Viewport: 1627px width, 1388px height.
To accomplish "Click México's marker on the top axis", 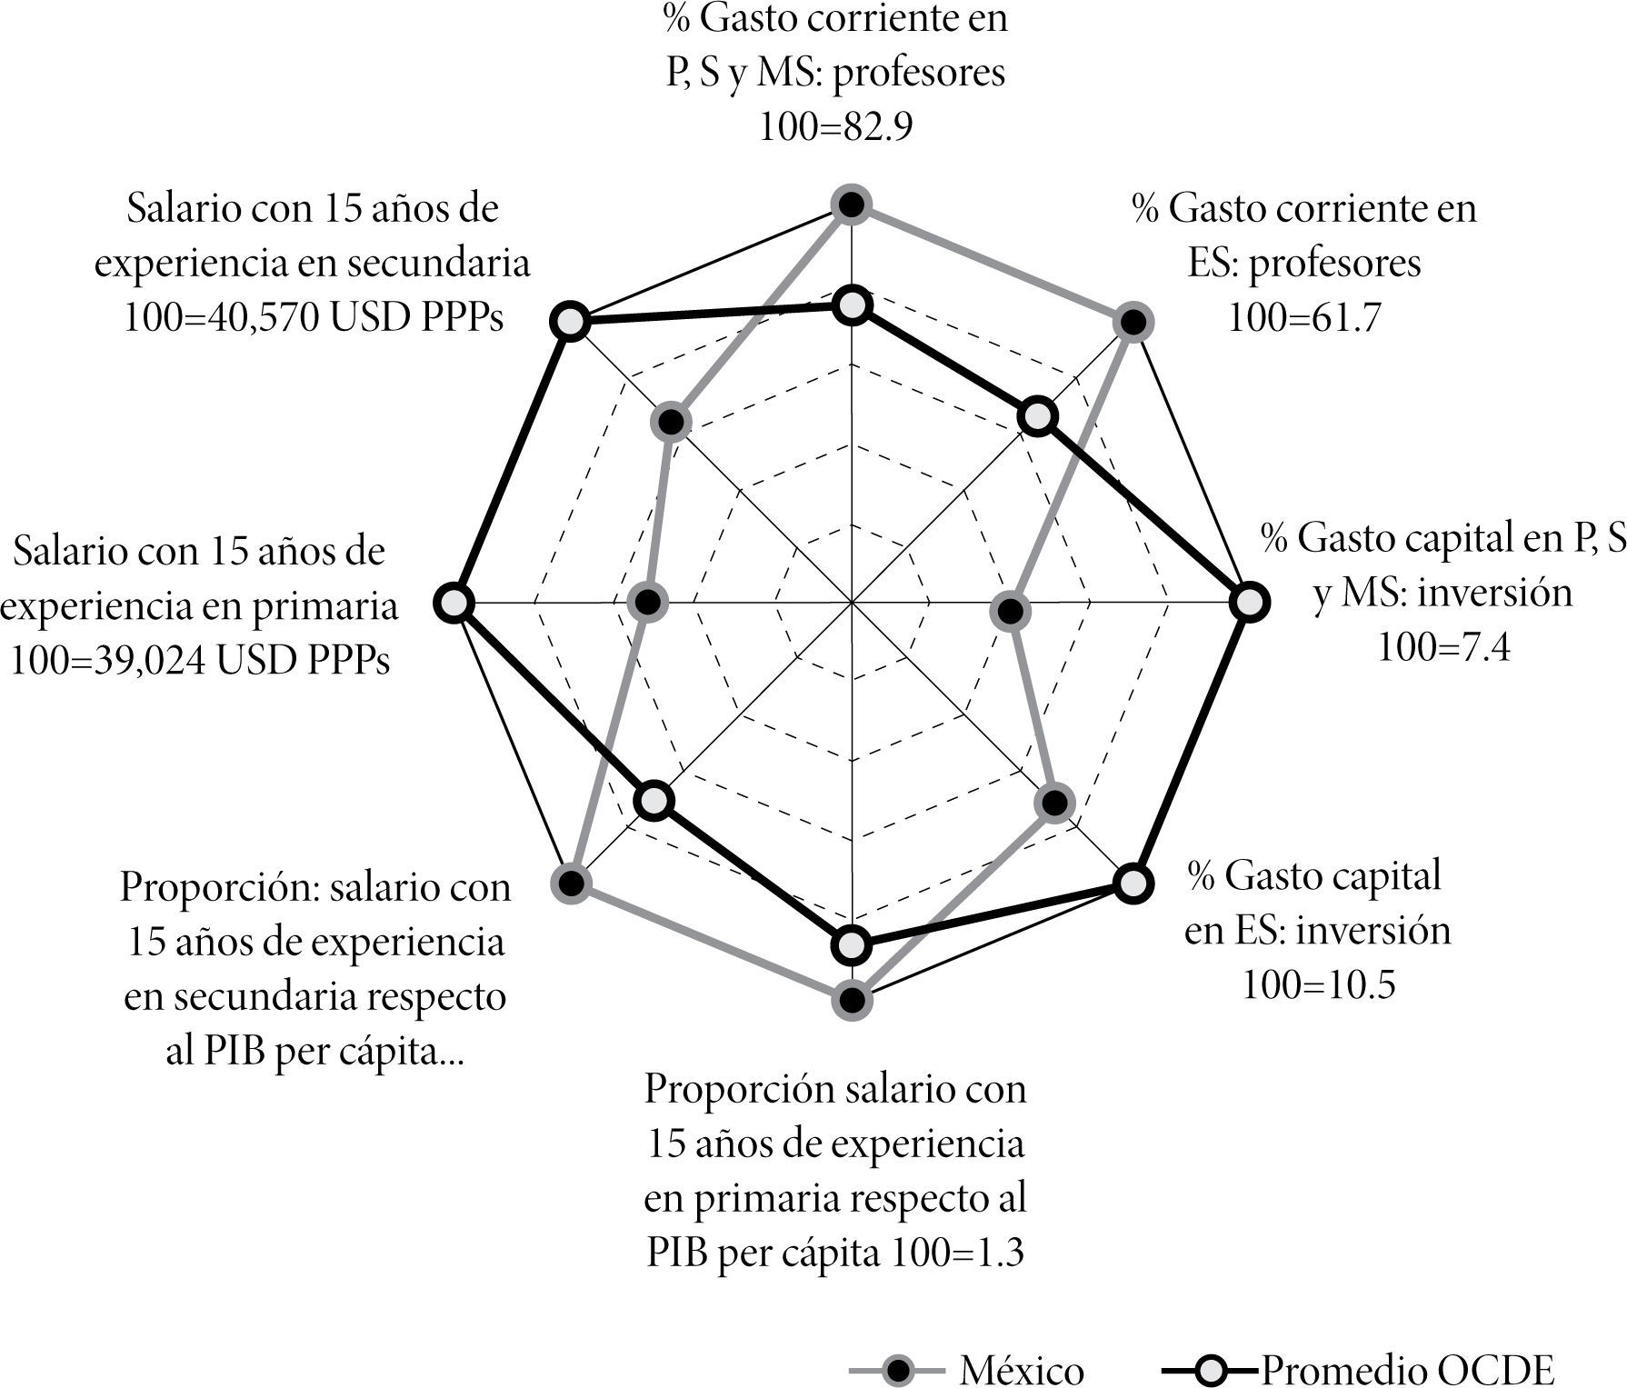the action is click(852, 206).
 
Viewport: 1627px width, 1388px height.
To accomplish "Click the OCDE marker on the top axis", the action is click(852, 307).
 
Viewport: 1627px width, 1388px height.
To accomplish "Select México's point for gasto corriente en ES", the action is click(1133, 322).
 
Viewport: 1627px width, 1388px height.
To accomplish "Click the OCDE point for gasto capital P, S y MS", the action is click(1250, 603).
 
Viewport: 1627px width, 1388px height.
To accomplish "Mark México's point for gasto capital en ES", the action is click(1054, 803).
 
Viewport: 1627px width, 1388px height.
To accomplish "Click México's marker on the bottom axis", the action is click(852, 1000).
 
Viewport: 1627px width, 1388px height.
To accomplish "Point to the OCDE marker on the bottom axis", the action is click(852, 946).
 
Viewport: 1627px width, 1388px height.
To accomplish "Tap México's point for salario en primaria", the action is click(648, 603).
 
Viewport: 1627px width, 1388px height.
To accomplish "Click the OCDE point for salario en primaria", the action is click(454, 603).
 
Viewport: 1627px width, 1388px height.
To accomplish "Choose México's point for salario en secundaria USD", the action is click(672, 422).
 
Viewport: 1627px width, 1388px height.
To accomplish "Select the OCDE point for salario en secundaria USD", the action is click(570, 322).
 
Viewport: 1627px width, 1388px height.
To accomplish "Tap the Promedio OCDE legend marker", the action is click(1213, 1368).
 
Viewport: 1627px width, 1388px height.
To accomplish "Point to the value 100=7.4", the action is click(1443, 648).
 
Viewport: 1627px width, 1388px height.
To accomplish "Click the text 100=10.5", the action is click(1318, 985).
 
